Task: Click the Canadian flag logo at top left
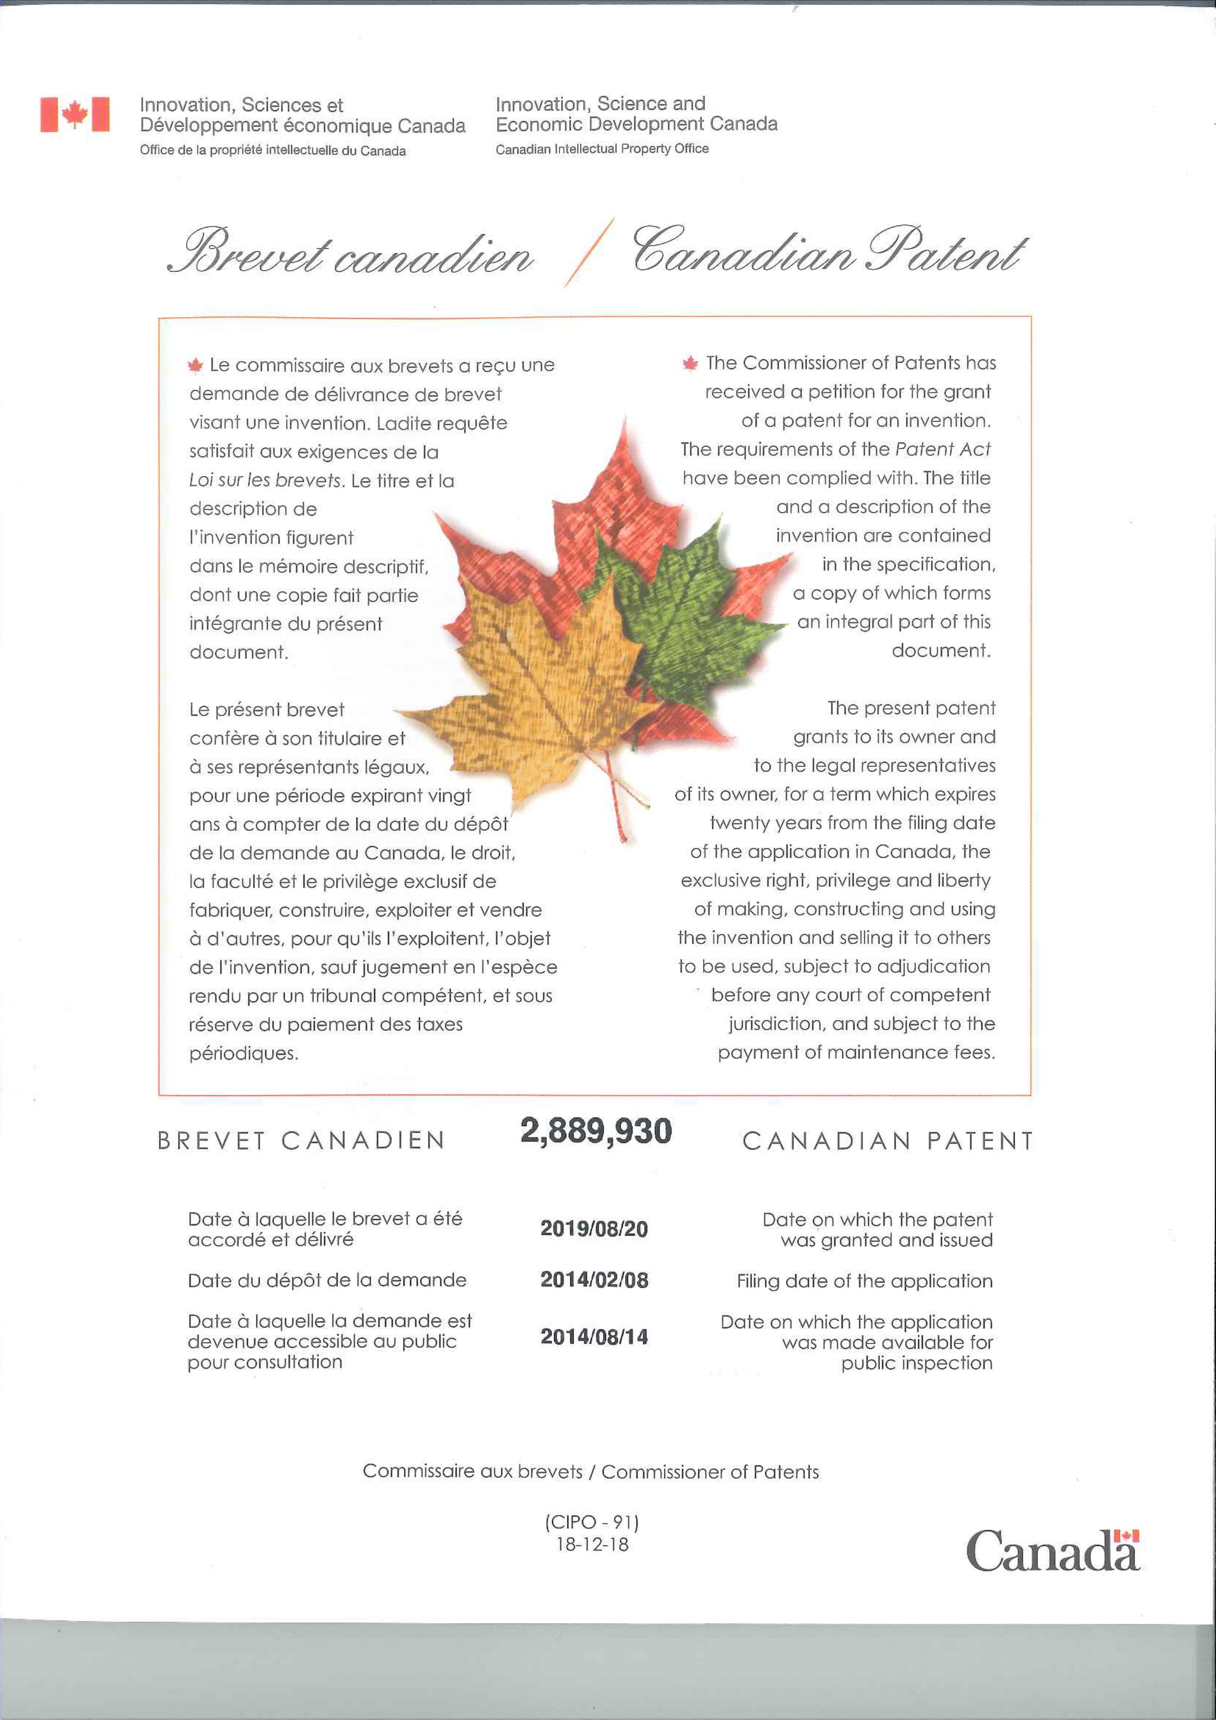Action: pos(75,115)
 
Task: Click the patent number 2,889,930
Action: pos(596,1131)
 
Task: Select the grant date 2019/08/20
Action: pos(594,1228)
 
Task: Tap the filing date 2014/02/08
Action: pos(594,1279)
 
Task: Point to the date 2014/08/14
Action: pos(594,1337)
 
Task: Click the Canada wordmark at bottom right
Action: pos(1052,1551)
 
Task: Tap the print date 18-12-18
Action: pos(591,1544)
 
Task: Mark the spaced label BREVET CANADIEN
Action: pos(301,1140)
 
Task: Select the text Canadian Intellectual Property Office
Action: pos(602,149)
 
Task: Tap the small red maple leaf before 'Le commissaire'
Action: pos(195,366)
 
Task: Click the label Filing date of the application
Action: pos(864,1281)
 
